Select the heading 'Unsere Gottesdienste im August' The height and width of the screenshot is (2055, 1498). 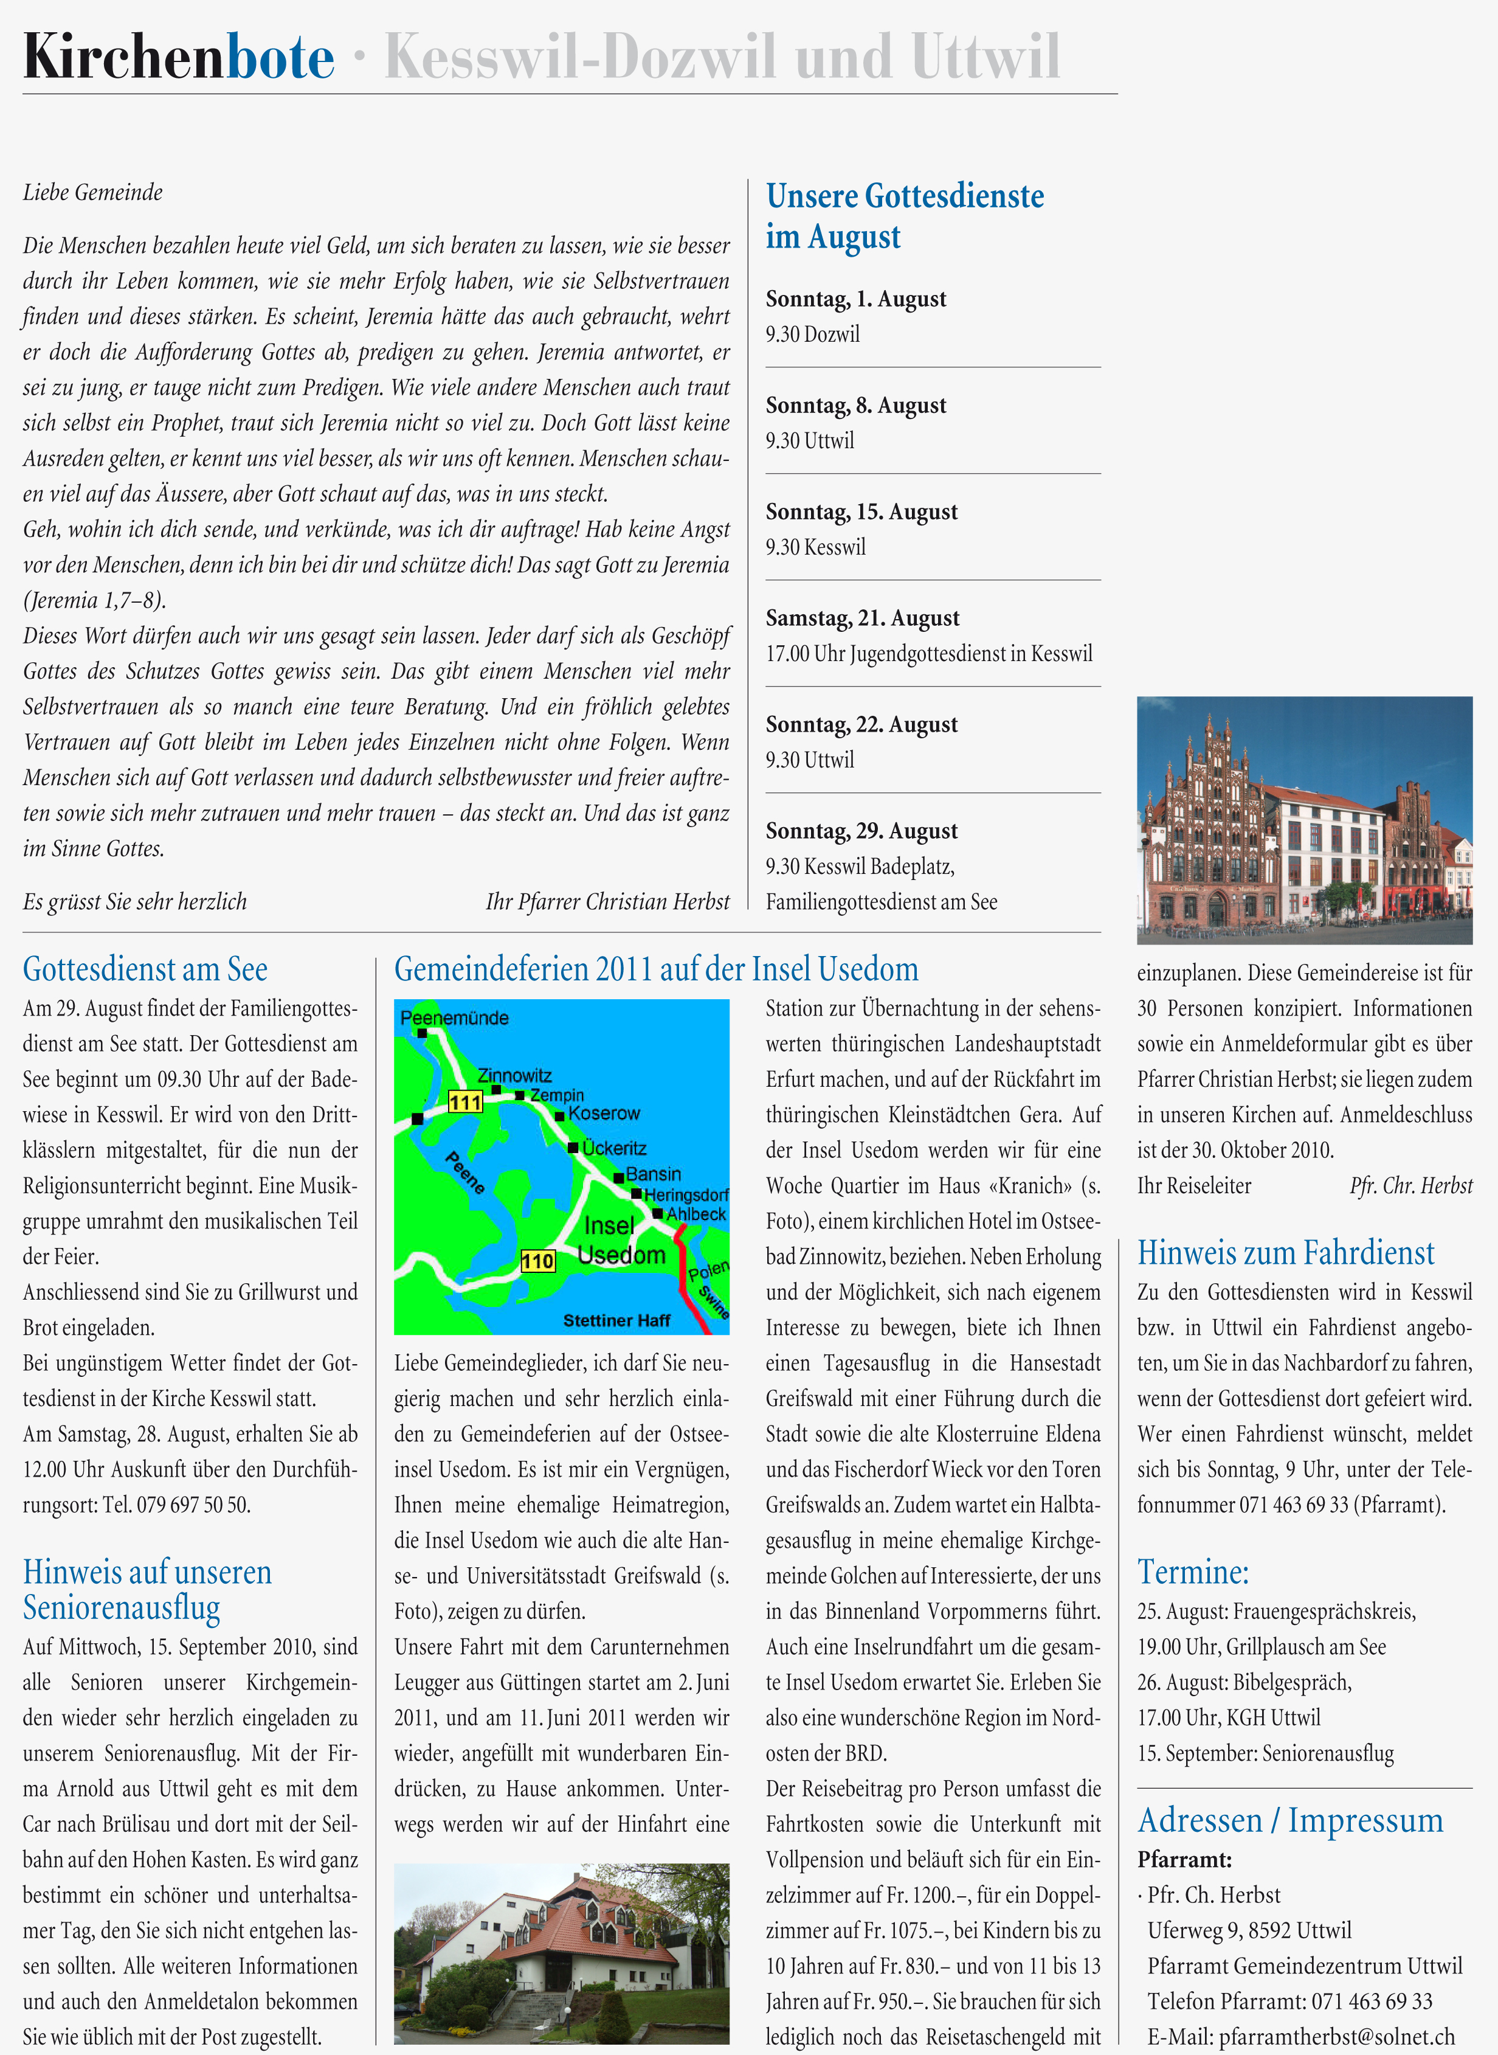tap(904, 216)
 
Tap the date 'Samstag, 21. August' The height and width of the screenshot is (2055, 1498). tap(861, 619)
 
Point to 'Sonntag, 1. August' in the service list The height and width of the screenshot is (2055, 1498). tap(855, 299)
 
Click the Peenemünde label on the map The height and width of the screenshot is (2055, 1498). tap(454, 1017)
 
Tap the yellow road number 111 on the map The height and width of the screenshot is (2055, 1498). tap(465, 1102)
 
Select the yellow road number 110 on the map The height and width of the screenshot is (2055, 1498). tap(537, 1261)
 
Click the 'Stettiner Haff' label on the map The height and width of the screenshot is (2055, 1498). tap(616, 1320)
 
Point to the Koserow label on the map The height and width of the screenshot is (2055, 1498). tap(604, 1113)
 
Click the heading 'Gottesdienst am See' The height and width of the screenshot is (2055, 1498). tap(145, 969)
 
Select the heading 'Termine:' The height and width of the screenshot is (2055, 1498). tap(1192, 1572)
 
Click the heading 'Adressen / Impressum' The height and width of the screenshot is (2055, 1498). tap(1289, 1820)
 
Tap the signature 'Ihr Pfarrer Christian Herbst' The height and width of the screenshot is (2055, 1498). tap(607, 901)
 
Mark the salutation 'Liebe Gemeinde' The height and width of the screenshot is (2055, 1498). tap(92, 192)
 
